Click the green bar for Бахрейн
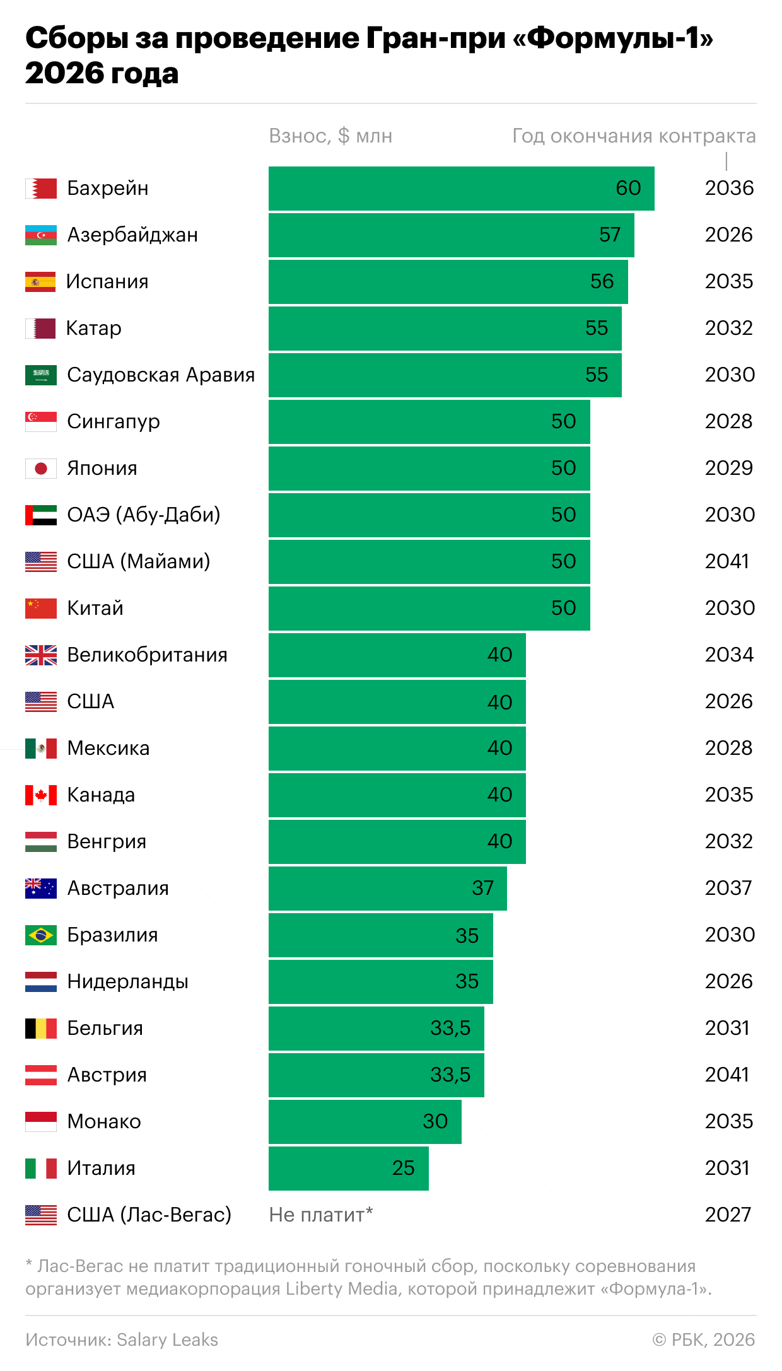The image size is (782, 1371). [x=460, y=189]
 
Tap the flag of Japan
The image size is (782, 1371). [x=41, y=469]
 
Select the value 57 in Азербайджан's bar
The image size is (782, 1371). [x=610, y=235]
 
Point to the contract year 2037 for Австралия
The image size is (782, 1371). [x=728, y=888]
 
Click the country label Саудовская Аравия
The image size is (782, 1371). [x=161, y=375]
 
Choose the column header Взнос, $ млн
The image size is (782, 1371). [x=330, y=136]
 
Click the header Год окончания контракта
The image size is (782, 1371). [x=633, y=136]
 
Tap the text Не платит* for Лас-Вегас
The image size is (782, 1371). [x=321, y=1215]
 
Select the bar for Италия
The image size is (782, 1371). [x=348, y=1169]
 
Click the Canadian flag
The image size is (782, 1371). [x=41, y=795]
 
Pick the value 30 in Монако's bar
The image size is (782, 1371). [x=435, y=1121]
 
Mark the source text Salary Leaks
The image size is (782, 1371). [x=167, y=1339]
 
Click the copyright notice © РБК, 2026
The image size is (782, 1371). [x=703, y=1339]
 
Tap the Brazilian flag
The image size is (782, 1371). [x=41, y=935]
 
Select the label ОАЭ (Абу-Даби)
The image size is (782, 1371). [x=144, y=515]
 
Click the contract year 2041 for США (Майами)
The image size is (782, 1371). [x=727, y=561]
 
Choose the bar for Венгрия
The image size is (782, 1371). [x=397, y=842]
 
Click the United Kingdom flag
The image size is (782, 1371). [x=41, y=655]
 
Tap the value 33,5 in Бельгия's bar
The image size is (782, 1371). [x=450, y=1028]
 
